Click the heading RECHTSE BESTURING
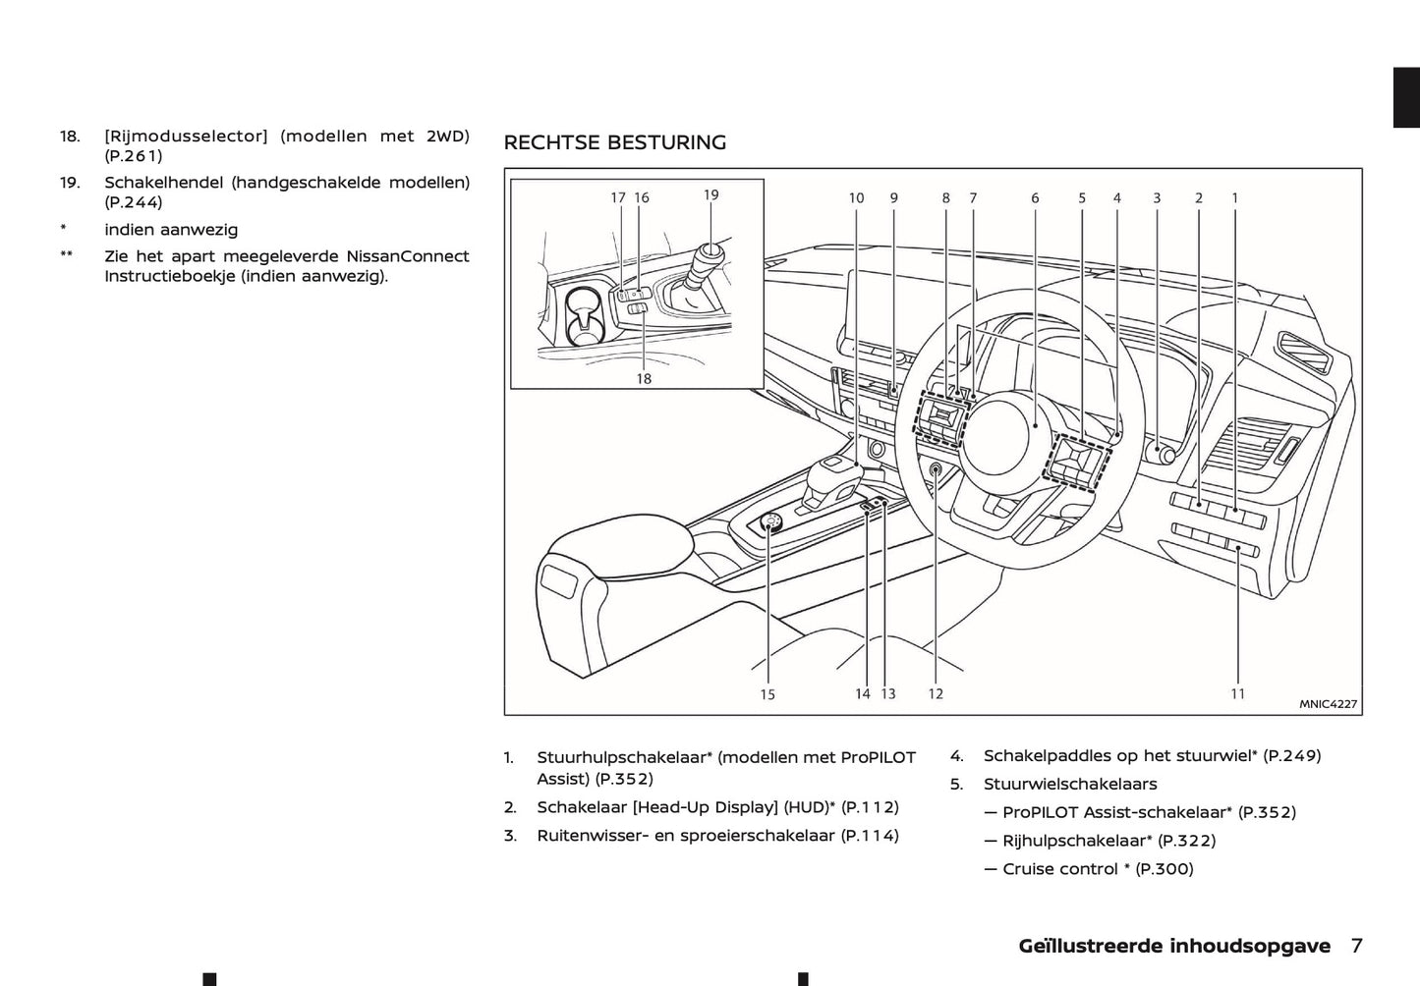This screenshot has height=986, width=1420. pyautogui.click(x=614, y=142)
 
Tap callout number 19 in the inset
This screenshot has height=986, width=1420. pyautogui.click(x=711, y=194)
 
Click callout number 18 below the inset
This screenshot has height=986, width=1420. pyautogui.click(x=644, y=378)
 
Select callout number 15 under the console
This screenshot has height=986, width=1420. pyautogui.click(x=767, y=694)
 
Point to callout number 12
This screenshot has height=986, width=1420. pyautogui.click(x=936, y=693)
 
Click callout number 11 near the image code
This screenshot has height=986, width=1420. pyautogui.click(x=1237, y=693)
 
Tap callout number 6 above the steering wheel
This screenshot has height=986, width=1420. pyautogui.click(x=1035, y=197)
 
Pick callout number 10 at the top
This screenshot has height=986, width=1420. pyautogui.click(x=856, y=197)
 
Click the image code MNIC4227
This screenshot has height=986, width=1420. pyautogui.click(x=1328, y=704)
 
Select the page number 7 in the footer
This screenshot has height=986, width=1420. pyautogui.click(x=1356, y=946)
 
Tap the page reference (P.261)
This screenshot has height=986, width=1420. pyautogui.click(x=134, y=155)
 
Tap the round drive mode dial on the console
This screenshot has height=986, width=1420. pyautogui.click(x=771, y=524)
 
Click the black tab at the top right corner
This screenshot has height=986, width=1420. pyautogui.click(x=1406, y=98)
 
